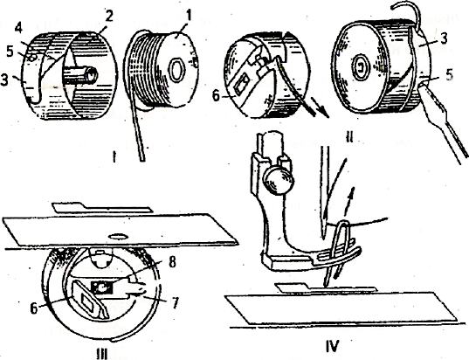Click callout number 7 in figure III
(x=176, y=301)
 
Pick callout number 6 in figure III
(x=34, y=308)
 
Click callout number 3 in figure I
(x=5, y=80)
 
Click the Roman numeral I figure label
(x=114, y=156)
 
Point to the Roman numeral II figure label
(x=348, y=137)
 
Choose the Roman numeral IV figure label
(x=333, y=346)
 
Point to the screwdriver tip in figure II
(x=423, y=87)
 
